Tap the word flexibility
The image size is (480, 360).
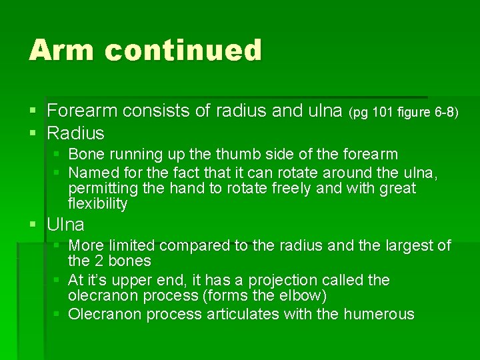pyautogui.click(x=98, y=204)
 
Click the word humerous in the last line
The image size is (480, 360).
pyautogui.click(x=379, y=314)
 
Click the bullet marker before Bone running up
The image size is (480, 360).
pyautogui.click(x=58, y=155)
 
